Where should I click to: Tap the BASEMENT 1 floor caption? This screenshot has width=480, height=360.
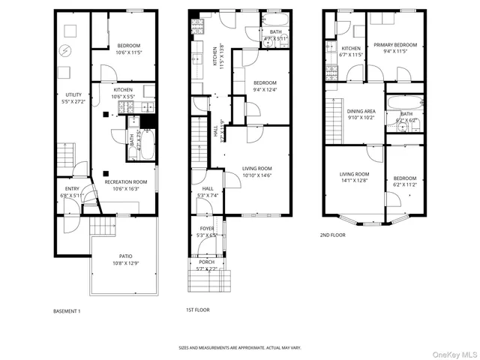coord(67,310)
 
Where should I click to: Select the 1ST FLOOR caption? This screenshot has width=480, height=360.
coord(197,310)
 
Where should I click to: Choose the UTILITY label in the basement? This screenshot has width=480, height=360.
coord(73,94)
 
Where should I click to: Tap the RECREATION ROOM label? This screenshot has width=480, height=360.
coord(125,181)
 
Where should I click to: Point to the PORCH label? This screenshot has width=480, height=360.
coord(206,262)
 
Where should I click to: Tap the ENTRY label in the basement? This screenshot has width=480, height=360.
coord(72,188)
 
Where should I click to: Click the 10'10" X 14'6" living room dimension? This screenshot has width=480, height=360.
coord(256,175)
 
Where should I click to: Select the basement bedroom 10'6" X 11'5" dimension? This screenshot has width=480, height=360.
coord(124,52)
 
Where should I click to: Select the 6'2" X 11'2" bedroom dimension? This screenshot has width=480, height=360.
coord(405,184)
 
